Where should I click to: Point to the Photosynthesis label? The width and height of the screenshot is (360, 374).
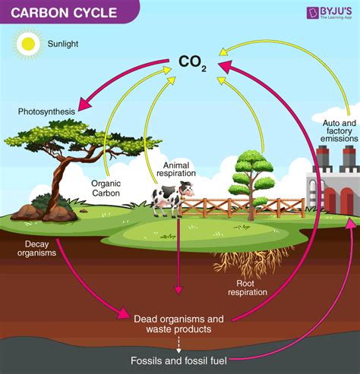(47, 112)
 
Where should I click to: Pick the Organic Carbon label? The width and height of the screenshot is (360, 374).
(106, 187)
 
